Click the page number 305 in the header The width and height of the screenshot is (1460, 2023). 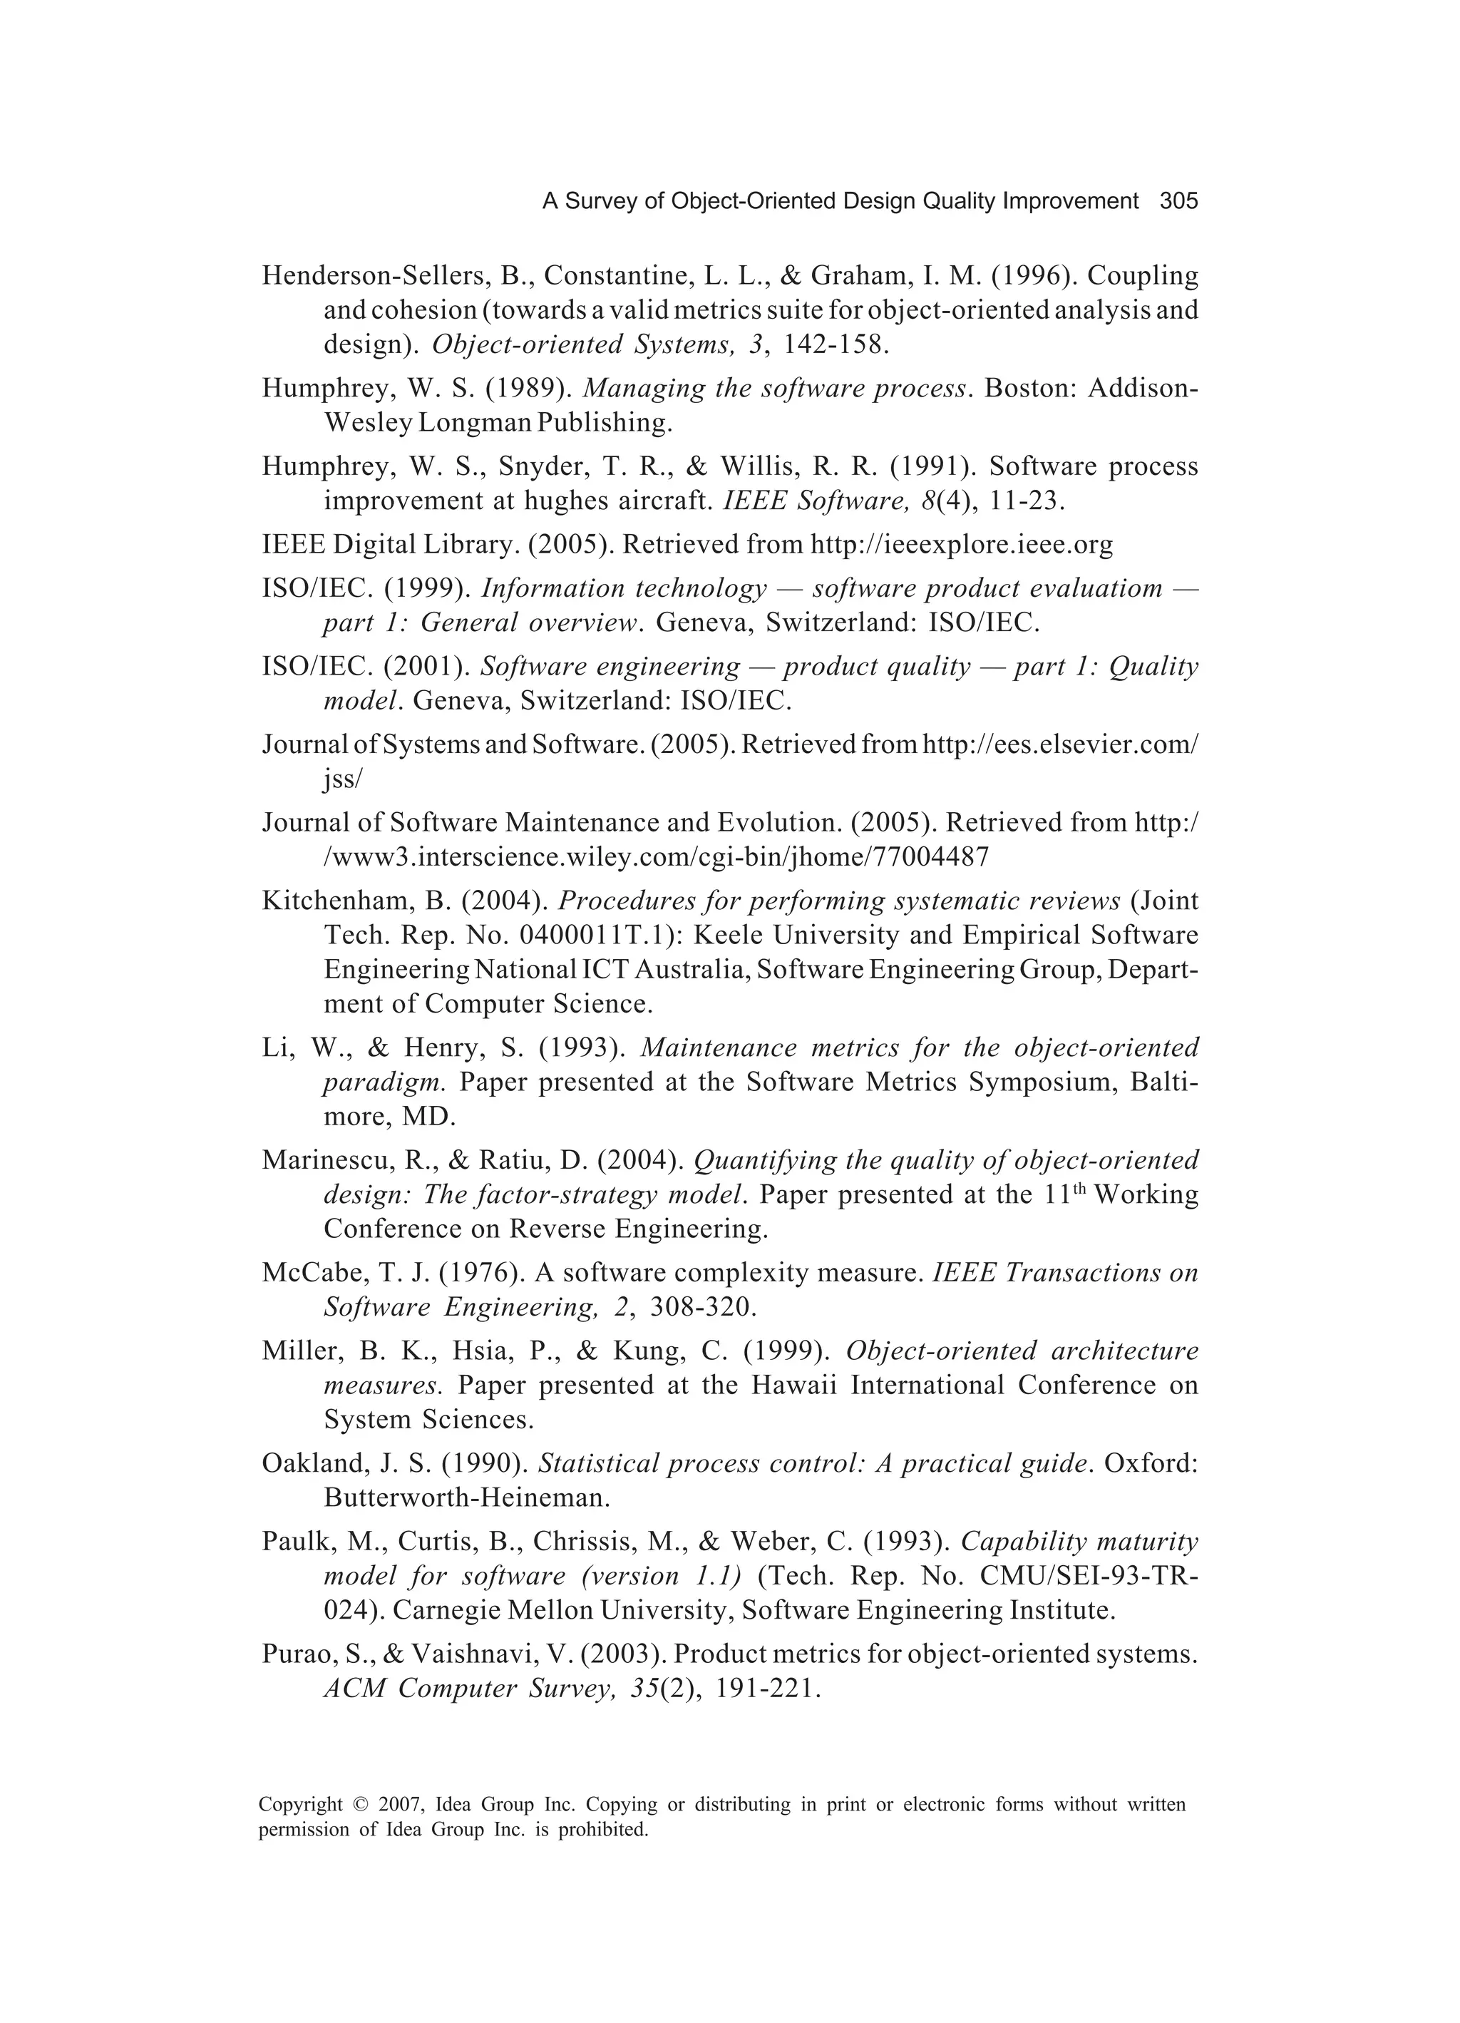(x=1178, y=202)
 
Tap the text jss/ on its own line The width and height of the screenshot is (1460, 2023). (x=342, y=779)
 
